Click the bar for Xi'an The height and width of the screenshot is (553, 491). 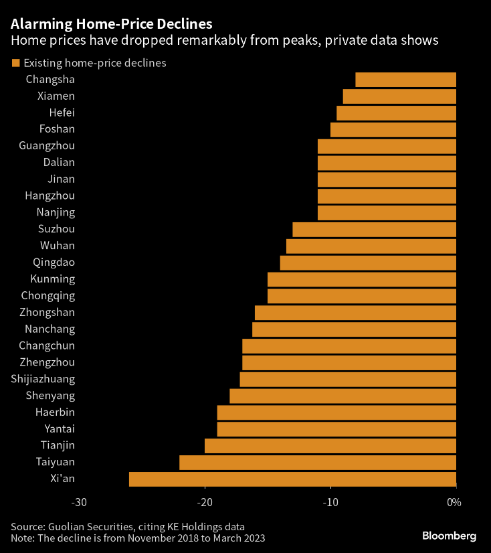tap(292, 479)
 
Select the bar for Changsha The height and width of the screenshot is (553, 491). tap(405, 80)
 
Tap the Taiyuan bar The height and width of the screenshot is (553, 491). tap(318, 462)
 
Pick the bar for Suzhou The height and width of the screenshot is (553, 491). tap(374, 230)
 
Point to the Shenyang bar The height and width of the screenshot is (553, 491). tap(342, 396)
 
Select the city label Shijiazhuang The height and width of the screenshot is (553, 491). tap(43, 379)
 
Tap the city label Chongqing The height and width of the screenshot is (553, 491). tap(48, 296)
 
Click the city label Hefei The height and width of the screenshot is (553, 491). tap(62, 113)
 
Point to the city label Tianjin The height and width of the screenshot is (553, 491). tap(59, 445)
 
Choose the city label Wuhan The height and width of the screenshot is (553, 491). tap(58, 246)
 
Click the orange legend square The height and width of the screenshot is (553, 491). tap(15, 64)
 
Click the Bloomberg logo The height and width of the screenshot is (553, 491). tap(449, 536)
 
